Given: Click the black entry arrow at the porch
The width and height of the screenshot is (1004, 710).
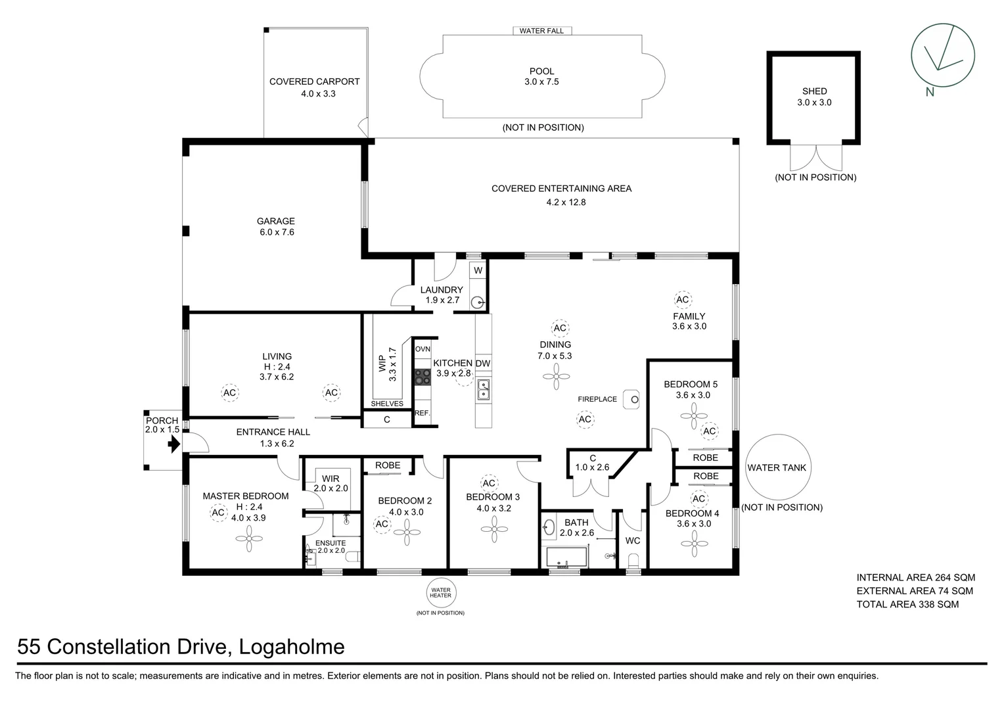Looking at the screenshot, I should click(173, 445).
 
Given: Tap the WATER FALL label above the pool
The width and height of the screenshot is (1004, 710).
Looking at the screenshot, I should click(541, 31).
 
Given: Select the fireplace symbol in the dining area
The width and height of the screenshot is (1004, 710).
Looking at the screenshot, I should click(631, 399).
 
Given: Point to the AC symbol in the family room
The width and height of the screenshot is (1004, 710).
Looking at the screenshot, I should click(683, 300).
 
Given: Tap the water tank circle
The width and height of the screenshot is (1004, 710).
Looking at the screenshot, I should click(777, 467).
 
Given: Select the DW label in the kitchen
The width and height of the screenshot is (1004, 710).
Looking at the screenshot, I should click(483, 364).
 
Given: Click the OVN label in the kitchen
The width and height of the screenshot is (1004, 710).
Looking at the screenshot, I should click(422, 349).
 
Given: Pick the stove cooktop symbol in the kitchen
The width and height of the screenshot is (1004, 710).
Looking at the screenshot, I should click(422, 377).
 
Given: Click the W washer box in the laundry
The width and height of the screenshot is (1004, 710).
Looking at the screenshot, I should click(478, 270).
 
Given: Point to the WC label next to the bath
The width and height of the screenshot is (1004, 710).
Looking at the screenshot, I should click(632, 540).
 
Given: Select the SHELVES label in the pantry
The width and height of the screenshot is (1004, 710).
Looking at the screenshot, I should click(387, 404).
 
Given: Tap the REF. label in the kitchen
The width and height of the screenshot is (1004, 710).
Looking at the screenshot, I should click(422, 414).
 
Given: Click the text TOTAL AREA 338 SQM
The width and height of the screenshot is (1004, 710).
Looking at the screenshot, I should click(907, 604).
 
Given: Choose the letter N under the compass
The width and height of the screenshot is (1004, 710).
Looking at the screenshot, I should click(930, 92).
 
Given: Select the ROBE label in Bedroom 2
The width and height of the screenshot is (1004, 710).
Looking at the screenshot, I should click(388, 465).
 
